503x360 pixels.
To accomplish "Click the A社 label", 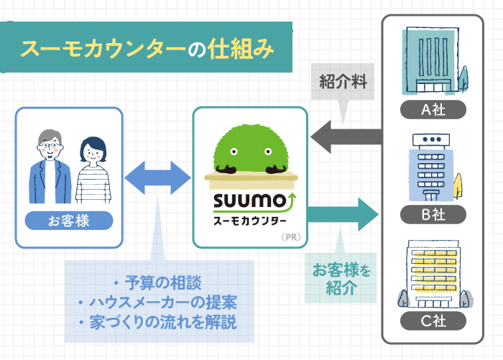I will [433, 110].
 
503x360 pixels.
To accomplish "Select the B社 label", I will [433, 213].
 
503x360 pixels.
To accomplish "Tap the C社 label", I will [433, 321].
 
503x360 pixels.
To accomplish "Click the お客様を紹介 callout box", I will [334, 280].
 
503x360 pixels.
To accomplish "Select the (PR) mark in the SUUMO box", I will [290, 236].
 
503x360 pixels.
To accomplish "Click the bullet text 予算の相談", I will [158, 281].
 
